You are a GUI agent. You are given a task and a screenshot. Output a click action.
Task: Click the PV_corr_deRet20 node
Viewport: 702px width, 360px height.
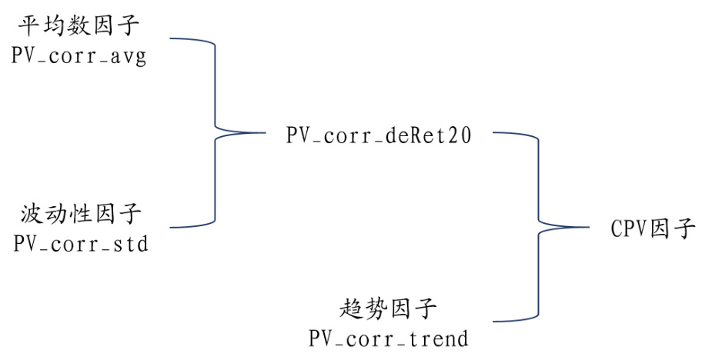(378, 136)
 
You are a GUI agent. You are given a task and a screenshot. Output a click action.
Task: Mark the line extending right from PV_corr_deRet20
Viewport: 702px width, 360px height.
(508, 133)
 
